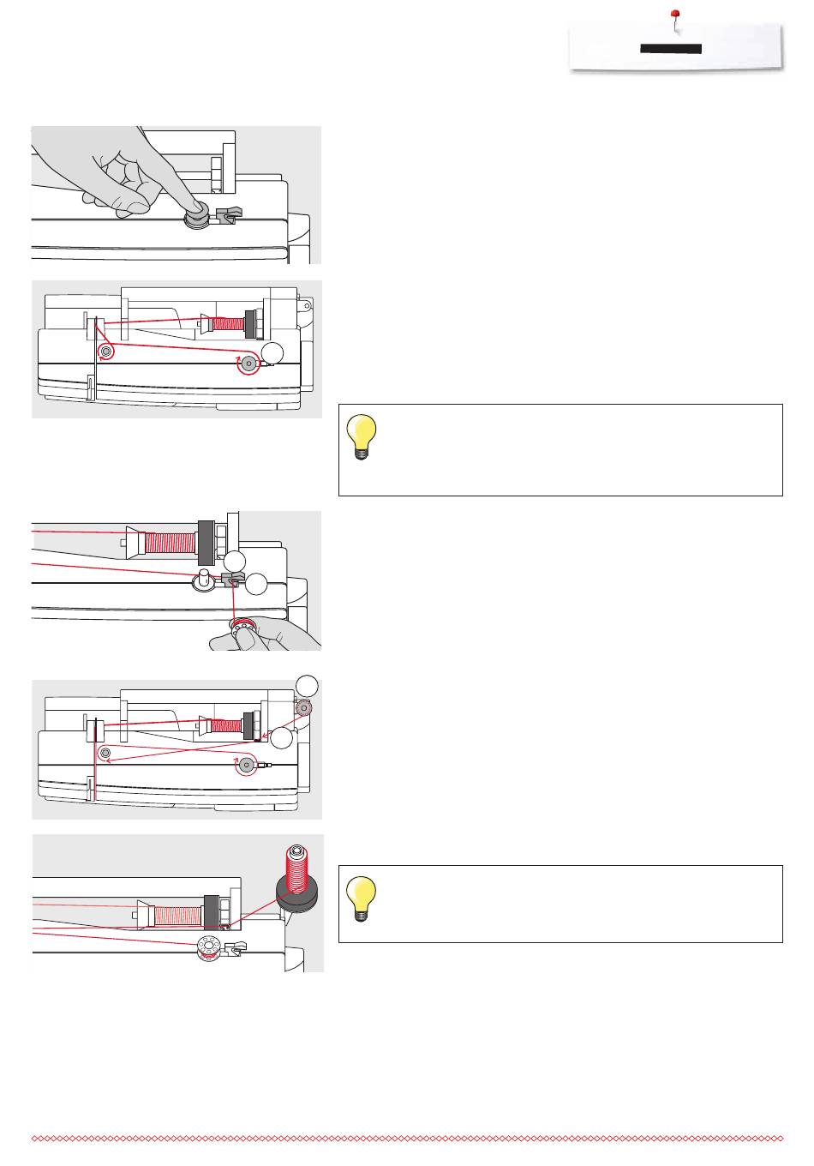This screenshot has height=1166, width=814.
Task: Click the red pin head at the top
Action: [674, 15]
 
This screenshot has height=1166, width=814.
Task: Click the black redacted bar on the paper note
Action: [671, 49]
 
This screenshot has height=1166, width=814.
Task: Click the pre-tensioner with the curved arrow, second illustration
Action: [106, 352]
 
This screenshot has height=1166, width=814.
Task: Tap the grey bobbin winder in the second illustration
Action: [248, 363]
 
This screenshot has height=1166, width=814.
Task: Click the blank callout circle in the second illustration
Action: [273, 352]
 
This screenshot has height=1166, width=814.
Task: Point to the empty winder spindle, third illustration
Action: [204, 576]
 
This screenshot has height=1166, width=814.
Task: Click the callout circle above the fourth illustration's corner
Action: [308, 686]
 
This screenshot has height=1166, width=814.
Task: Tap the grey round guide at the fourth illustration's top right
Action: [302, 708]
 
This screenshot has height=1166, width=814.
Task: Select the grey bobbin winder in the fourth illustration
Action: [247, 765]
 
